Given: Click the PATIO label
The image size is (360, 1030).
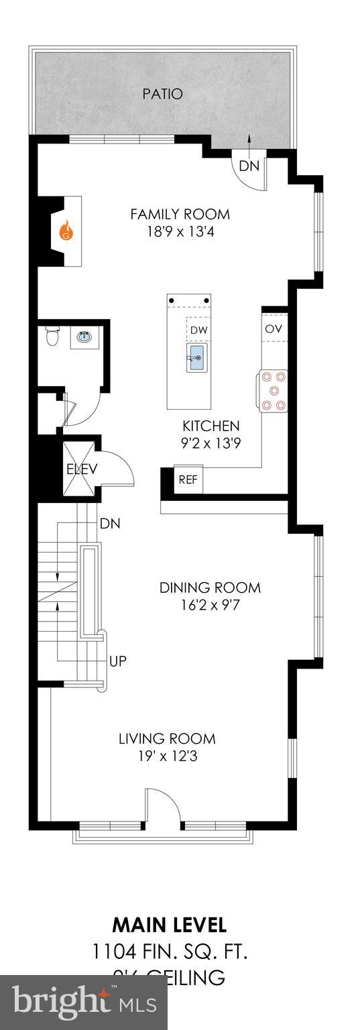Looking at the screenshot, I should click(x=162, y=94).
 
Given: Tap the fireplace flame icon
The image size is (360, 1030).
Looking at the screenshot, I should click(x=66, y=231).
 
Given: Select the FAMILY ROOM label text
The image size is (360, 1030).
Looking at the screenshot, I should click(x=180, y=215).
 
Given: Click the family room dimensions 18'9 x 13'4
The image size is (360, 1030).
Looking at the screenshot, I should click(x=180, y=232).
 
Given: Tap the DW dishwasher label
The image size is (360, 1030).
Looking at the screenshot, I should click(x=198, y=330).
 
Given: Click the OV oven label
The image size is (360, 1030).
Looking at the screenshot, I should click(x=273, y=329).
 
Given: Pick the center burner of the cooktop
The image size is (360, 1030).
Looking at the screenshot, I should click(x=274, y=392).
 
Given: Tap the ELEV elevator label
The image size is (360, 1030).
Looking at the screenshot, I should click(x=82, y=469).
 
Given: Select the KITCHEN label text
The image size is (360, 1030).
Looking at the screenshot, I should click(x=211, y=426).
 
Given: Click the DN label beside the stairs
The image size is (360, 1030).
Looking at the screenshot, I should click(x=110, y=523).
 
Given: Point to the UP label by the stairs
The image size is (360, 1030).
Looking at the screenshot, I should click(x=118, y=661).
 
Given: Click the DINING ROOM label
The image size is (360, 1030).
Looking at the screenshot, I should click(x=210, y=588).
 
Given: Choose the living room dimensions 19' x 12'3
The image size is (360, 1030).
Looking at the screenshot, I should click(x=167, y=756).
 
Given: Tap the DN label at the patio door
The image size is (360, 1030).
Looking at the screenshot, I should click(x=249, y=166).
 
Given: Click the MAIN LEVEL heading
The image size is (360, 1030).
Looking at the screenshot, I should click(x=169, y=925).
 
